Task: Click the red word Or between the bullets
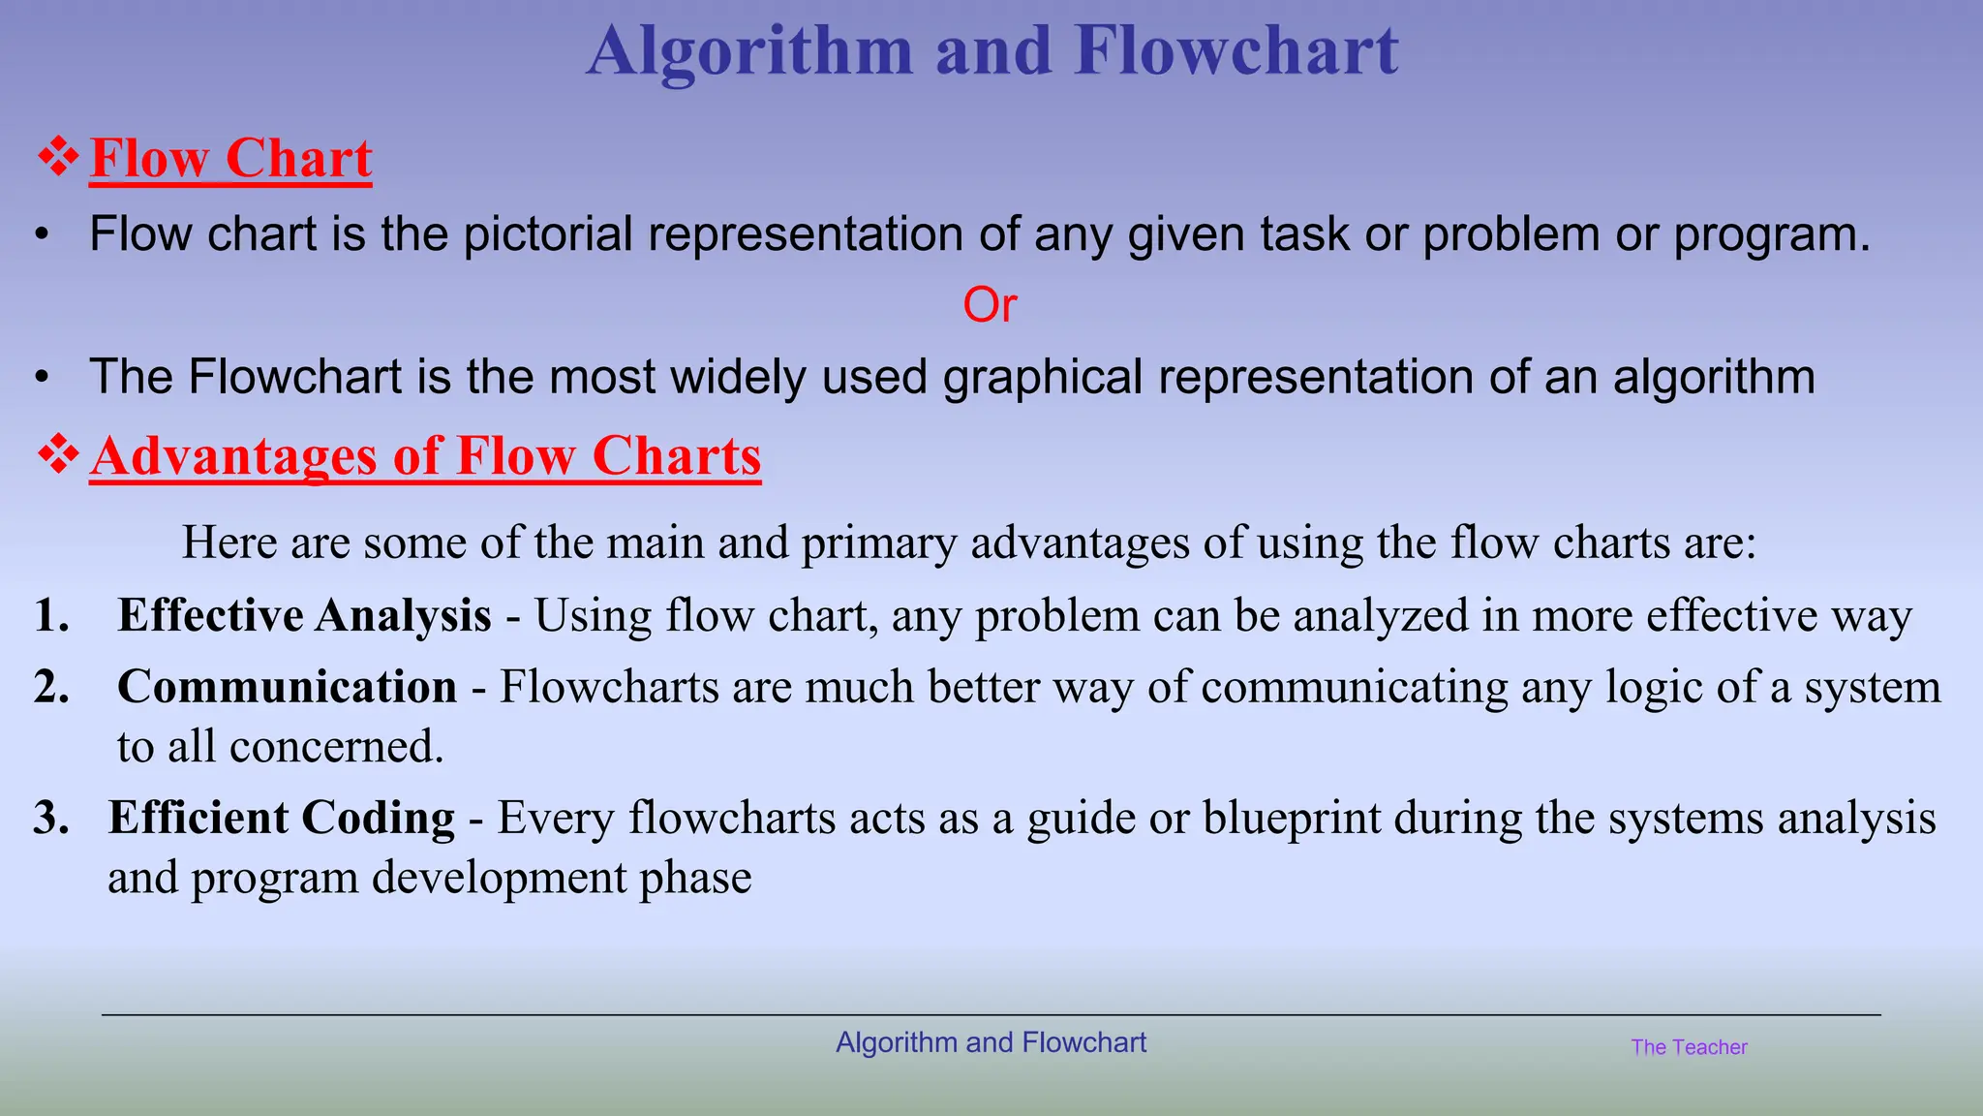pyautogui.click(x=990, y=305)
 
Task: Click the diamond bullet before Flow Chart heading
pyautogui.click(x=58, y=157)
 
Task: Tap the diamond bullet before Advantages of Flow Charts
pyautogui.click(x=58, y=454)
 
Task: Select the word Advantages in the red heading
pyautogui.click(x=233, y=456)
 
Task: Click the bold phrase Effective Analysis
pyautogui.click(x=304, y=616)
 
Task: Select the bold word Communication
pyautogui.click(x=287, y=687)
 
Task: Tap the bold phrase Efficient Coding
pyautogui.click(x=281, y=818)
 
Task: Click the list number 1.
pyautogui.click(x=51, y=616)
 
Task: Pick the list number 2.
pyautogui.click(x=51, y=687)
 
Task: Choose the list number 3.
pyautogui.click(x=51, y=818)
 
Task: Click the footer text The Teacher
pyautogui.click(x=1689, y=1047)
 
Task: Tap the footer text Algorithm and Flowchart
pyautogui.click(x=991, y=1042)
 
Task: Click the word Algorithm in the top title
pyautogui.click(x=750, y=50)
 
